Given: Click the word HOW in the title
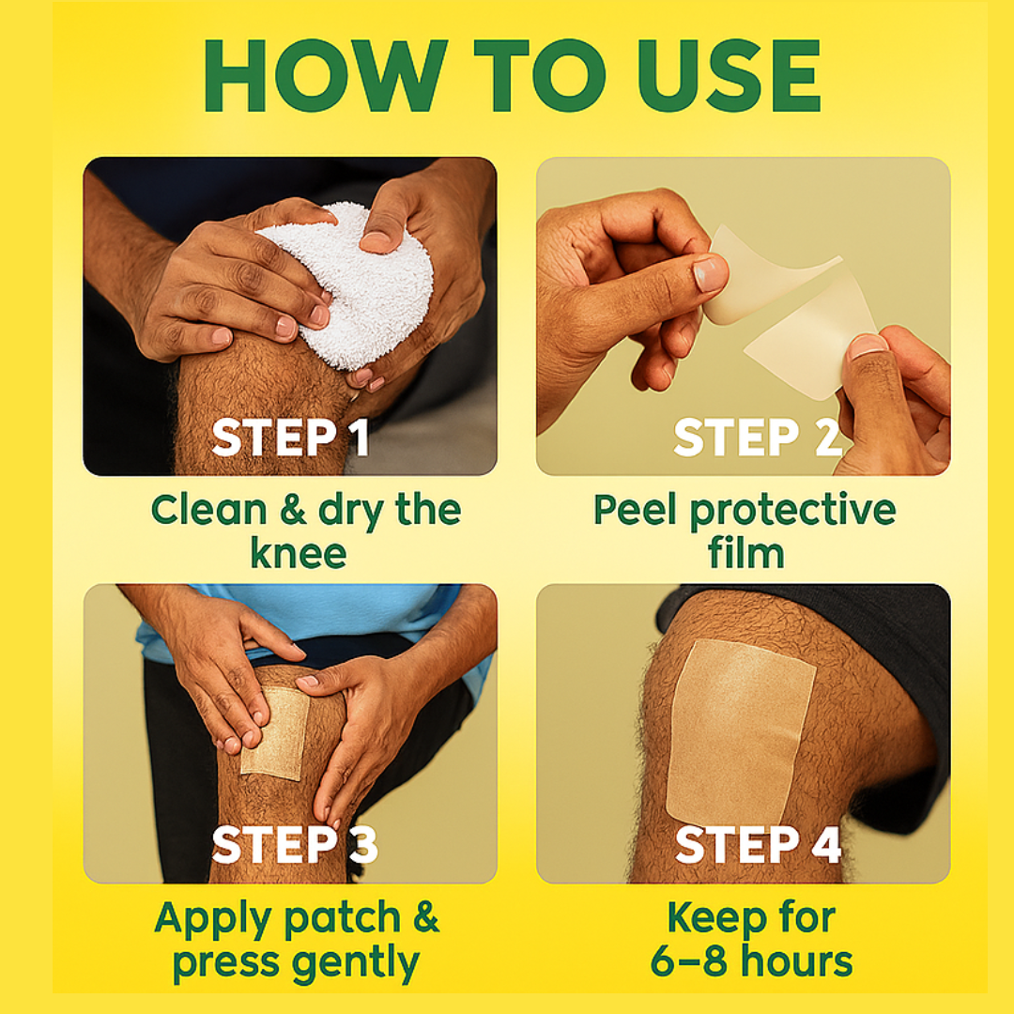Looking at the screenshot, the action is [x=325, y=76].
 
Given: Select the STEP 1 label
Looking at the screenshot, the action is [x=291, y=438].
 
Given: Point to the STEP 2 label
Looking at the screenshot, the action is [x=758, y=438].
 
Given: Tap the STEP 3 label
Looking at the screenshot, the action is [x=295, y=845].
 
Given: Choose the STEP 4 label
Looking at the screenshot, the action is [x=758, y=845].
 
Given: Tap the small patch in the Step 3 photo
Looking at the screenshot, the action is [x=275, y=732].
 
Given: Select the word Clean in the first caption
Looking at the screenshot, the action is [x=208, y=510].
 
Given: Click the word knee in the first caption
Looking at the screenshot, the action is [x=299, y=554].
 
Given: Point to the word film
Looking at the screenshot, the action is [x=746, y=554].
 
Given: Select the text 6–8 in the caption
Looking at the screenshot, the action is [x=690, y=961].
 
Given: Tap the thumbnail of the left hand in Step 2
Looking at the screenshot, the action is [x=710, y=273].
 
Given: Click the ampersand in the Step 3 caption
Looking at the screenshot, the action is [x=426, y=917].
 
